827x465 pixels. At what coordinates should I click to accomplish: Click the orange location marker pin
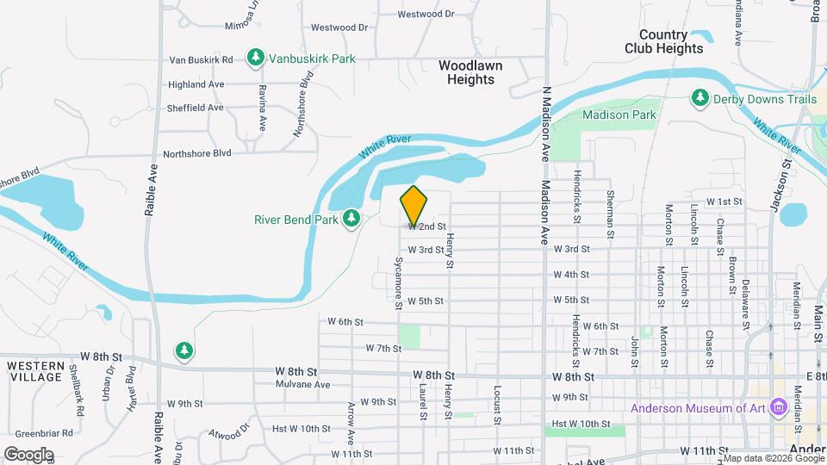(x=413, y=205)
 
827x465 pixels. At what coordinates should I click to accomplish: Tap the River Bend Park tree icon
(x=351, y=220)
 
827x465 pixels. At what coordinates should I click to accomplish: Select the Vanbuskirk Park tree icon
(x=255, y=58)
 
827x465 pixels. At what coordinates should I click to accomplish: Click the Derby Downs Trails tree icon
(x=700, y=99)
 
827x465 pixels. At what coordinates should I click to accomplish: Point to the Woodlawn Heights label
(x=470, y=72)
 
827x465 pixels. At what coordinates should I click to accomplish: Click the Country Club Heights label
(x=663, y=41)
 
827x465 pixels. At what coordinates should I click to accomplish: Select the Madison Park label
(x=619, y=115)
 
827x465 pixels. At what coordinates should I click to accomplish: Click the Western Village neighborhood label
(x=35, y=371)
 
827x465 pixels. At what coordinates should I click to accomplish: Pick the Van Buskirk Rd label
(x=201, y=59)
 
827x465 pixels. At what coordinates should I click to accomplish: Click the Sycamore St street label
(x=399, y=282)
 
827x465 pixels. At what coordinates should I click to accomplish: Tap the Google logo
(x=28, y=454)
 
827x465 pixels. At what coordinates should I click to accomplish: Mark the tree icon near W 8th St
(x=183, y=350)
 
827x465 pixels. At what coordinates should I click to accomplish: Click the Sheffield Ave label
(x=196, y=108)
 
